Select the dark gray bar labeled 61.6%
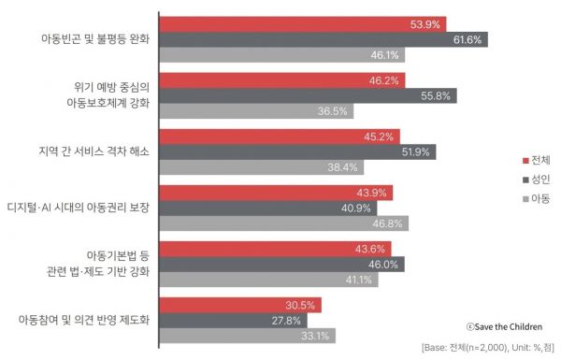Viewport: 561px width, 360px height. coord(323,39)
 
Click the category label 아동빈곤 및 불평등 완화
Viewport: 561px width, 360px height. coord(95,39)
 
